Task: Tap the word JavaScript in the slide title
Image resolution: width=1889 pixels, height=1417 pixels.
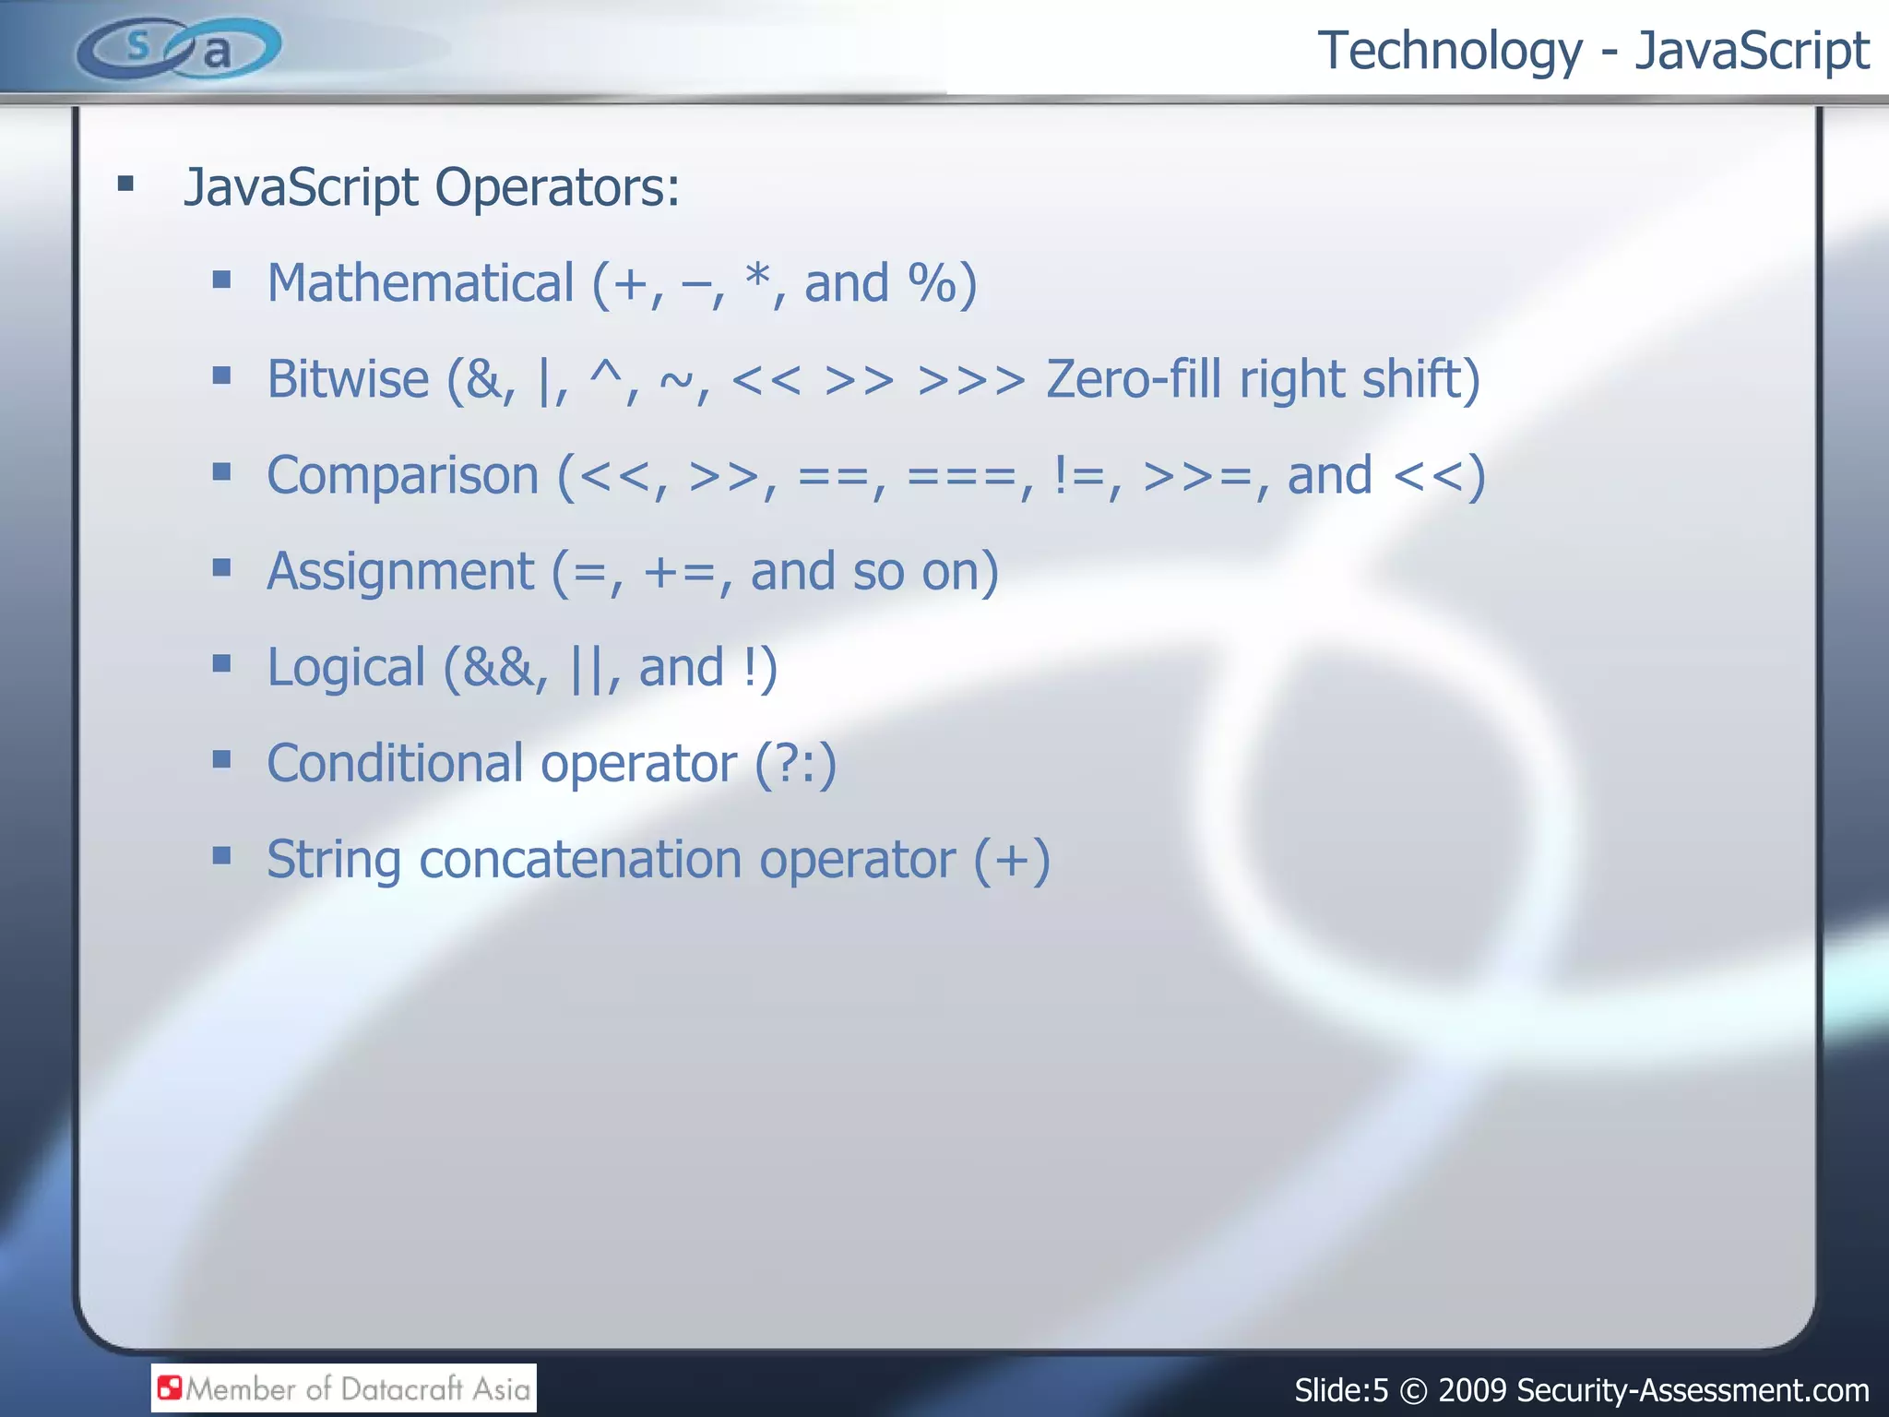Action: [x=1752, y=52]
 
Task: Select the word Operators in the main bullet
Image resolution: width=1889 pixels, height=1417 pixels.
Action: [x=557, y=187]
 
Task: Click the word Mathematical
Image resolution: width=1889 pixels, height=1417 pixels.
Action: [x=421, y=283]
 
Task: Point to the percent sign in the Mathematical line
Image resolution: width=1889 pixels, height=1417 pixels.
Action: [x=932, y=283]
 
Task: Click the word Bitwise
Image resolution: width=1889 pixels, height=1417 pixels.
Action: [x=348, y=379]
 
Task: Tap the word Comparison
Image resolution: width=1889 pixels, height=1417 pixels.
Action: [x=402, y=476]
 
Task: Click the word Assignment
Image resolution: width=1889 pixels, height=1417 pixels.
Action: [x=400, y=572]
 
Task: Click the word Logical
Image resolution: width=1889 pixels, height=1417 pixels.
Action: [x=346, y=669]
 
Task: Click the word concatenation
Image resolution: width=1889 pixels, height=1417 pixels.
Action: [x=580, y=861]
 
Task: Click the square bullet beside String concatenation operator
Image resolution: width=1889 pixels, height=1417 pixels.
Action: [x=221, y=856]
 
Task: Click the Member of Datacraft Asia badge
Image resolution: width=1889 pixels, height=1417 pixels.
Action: [x=344, y=1387]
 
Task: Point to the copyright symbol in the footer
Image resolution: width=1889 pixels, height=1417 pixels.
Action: [x=1412, y=1391]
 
